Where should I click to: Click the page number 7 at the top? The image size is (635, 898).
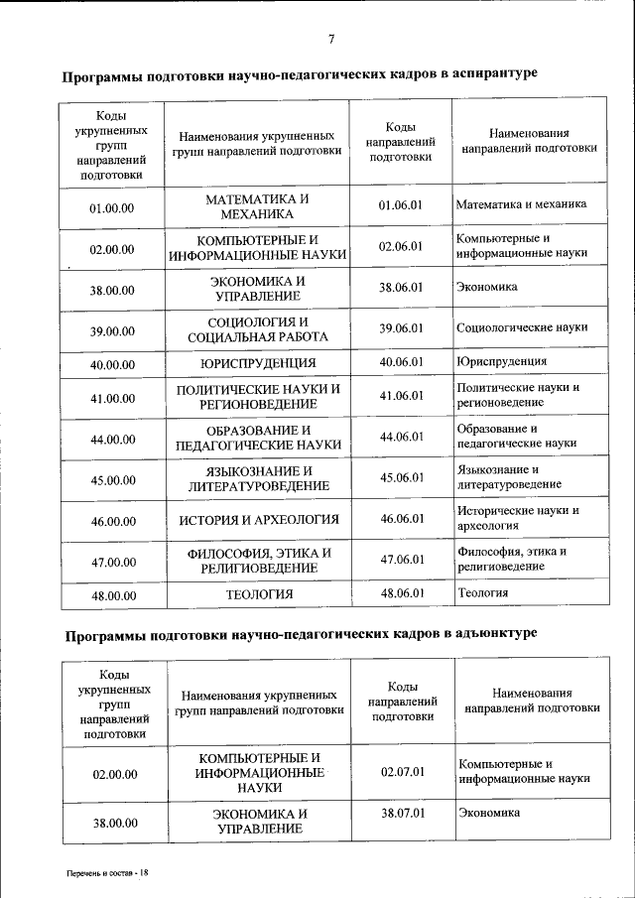330,39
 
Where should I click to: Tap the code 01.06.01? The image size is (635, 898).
401,205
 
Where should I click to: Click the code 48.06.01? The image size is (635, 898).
402,593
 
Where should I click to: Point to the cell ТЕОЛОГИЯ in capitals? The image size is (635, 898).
259,594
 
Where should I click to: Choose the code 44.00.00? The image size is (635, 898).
112,439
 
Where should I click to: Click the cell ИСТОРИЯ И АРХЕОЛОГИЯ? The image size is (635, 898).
259,520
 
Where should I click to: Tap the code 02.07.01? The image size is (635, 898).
403,771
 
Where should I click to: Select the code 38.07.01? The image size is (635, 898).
403,813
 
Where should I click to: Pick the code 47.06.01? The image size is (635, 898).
402,560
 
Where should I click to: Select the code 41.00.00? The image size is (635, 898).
112,398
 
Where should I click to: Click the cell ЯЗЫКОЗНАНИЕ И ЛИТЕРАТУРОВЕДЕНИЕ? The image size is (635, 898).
259,478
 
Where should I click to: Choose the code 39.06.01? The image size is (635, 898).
401,327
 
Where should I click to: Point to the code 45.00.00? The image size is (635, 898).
112,480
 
